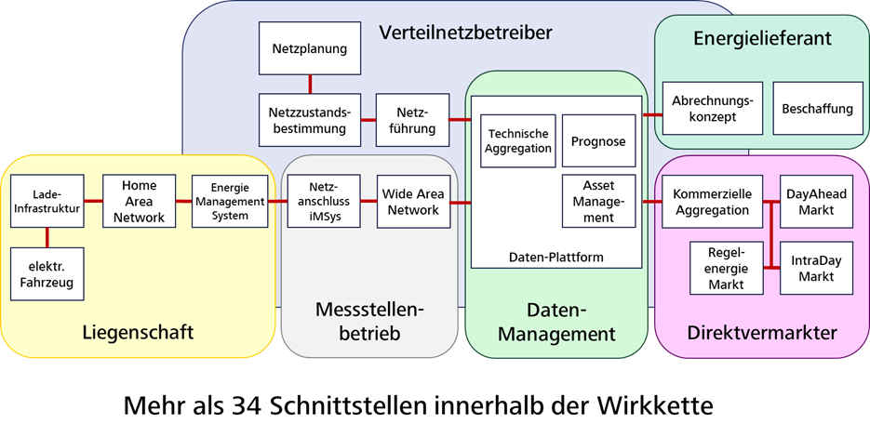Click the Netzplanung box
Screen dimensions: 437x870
coord(309,48)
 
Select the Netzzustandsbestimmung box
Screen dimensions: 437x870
coord(309,119)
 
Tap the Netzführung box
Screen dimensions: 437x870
coord(412,119)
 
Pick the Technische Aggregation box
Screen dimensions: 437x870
coord(518,141)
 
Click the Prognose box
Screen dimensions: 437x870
coord(599,141)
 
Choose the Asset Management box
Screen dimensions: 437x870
coord(599,201)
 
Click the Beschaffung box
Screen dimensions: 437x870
coord(817,109)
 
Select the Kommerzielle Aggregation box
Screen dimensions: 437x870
coord(711,202)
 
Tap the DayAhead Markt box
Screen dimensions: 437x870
coord(816,202)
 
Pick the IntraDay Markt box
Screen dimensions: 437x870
coord(816,268)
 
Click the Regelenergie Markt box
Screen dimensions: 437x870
coord(726,268)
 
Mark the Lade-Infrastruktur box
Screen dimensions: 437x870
coord(47,201)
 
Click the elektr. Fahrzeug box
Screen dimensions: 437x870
coord(47,273)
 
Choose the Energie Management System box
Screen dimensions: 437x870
coord(229,201)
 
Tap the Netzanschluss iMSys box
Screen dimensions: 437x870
coord(323,201)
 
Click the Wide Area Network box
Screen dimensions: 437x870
coord(413,201)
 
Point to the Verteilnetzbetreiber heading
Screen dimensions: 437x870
coord(465,33)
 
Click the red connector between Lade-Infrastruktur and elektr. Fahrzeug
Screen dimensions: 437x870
coord(47,237)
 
